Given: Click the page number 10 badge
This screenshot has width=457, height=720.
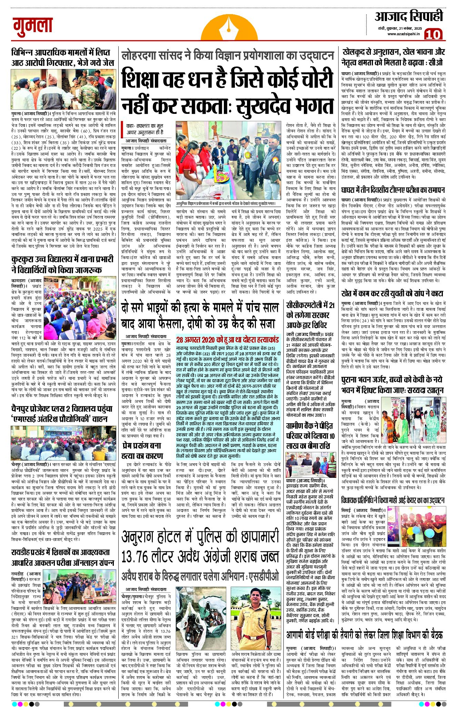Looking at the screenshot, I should tap(433, 34).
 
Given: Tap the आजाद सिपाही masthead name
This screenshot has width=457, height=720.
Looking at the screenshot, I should tap(408, 16).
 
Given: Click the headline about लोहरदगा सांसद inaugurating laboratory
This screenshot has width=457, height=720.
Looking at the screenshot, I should tap(228, 55).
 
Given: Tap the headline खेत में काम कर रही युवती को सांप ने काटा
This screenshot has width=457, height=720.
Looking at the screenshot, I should tap(392, 294).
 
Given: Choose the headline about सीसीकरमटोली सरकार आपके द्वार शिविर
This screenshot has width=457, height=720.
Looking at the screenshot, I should tap(310, 315).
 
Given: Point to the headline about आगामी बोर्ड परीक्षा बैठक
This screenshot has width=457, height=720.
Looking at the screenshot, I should tap(364, 635).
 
